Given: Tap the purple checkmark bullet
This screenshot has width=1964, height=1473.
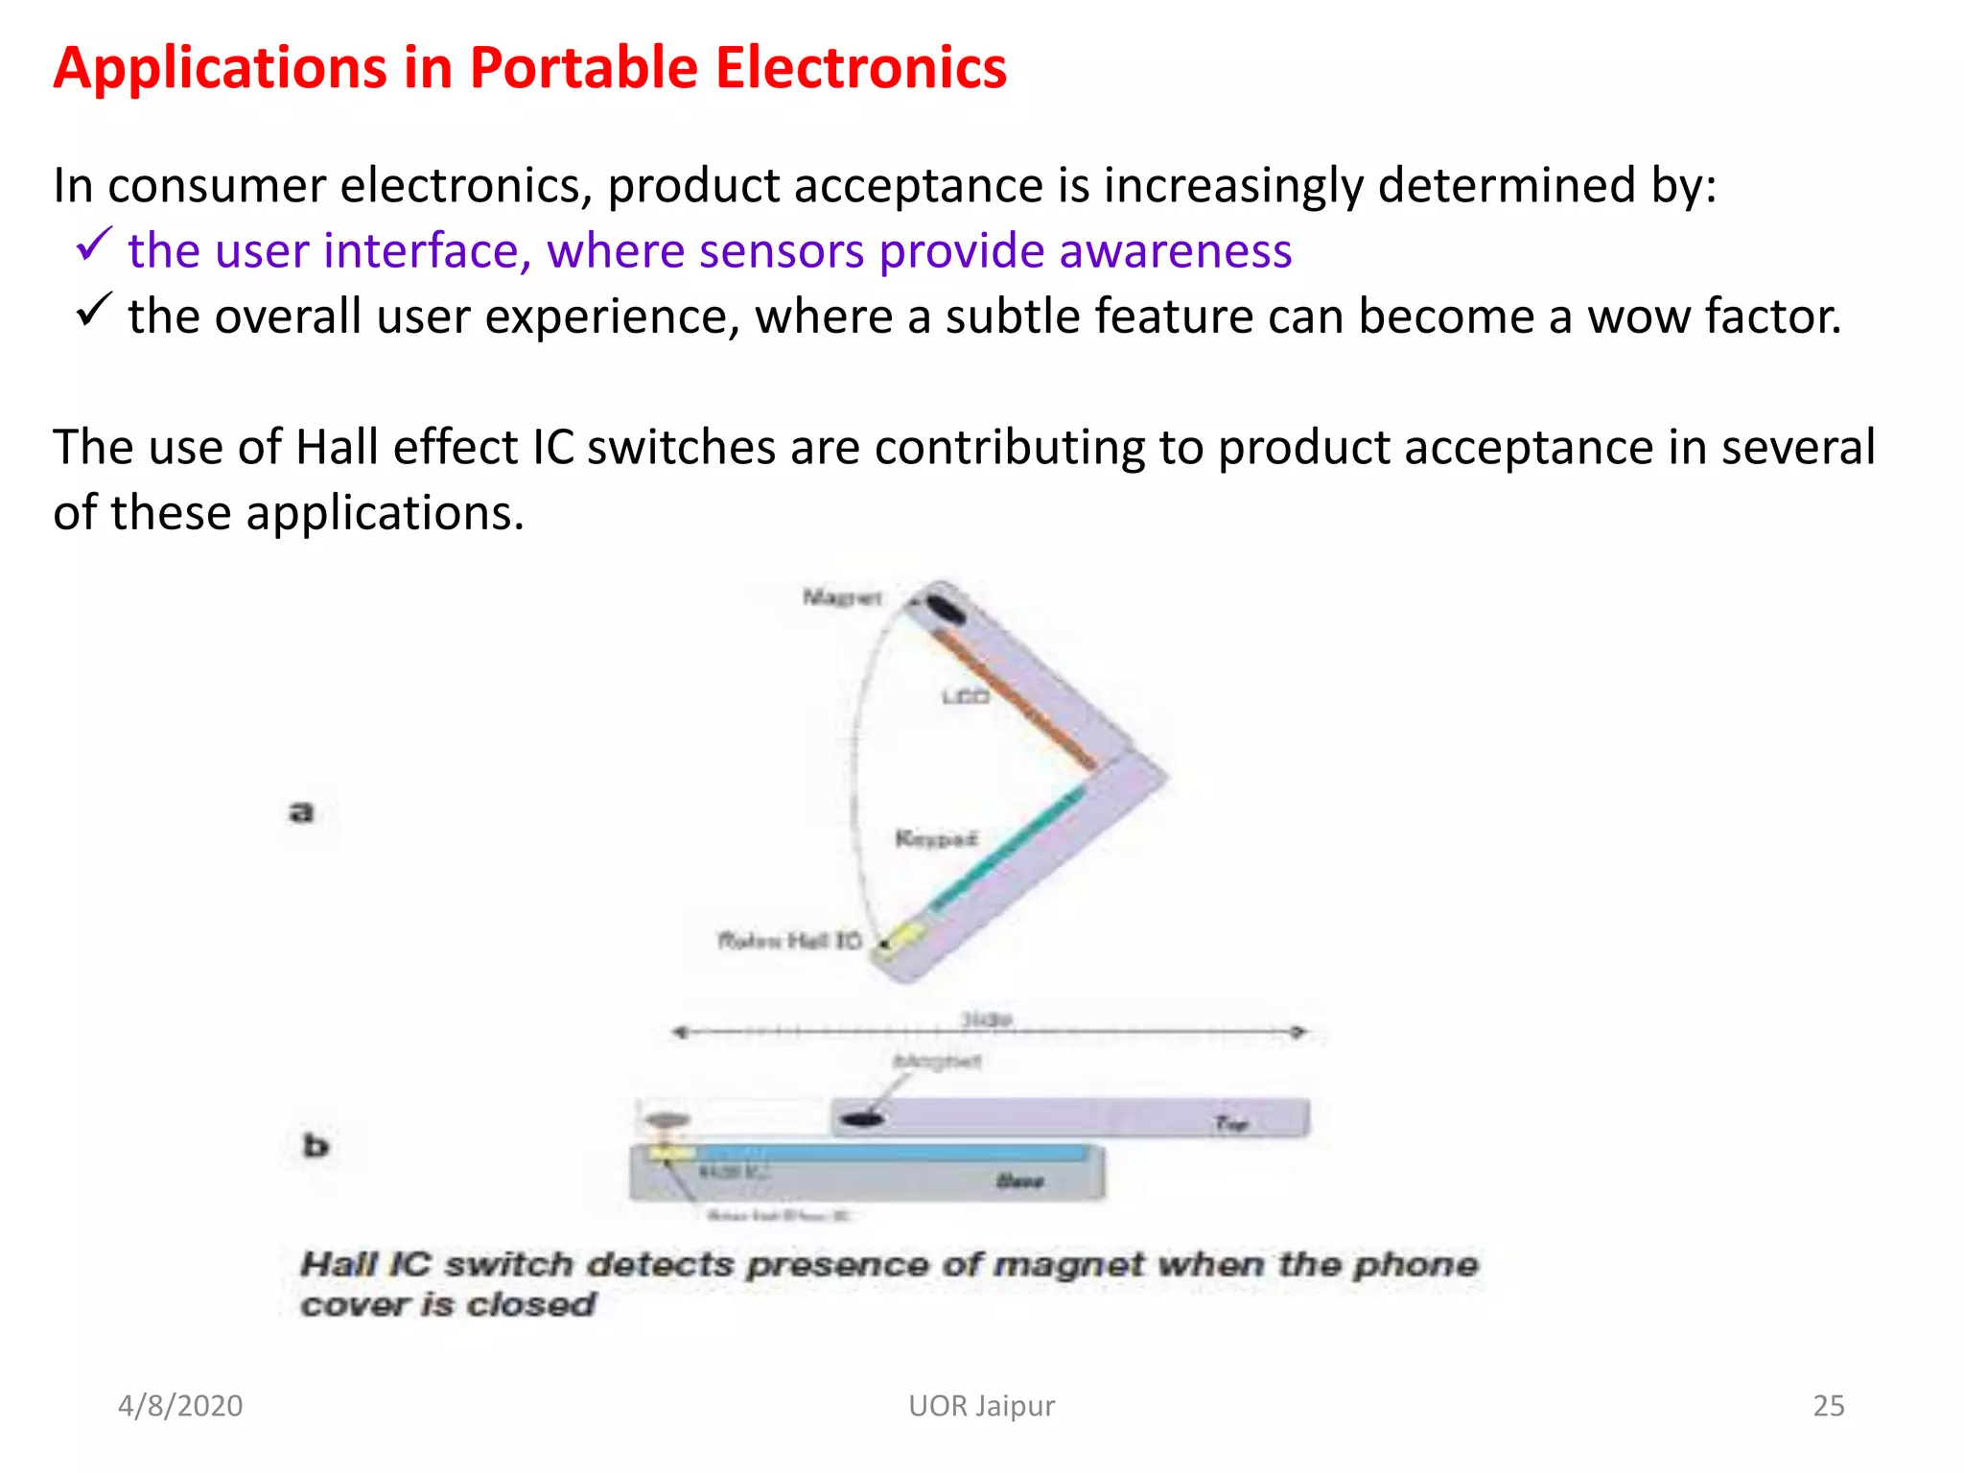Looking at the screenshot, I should pos(94,245).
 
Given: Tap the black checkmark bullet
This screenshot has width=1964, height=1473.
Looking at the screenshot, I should pos(94,310).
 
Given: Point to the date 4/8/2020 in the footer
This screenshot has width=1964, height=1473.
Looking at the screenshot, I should pos(180,1406).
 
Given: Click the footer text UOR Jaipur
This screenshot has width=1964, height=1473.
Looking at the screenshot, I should pos(981,1406).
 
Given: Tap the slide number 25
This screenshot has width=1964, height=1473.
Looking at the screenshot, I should pos(1828,1406).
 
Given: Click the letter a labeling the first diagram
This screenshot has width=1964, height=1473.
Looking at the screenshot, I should pos(301,812).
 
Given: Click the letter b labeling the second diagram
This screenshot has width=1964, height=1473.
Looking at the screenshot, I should pos(316,1145).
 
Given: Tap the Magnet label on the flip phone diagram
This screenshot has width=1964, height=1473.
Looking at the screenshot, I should pos(841,598).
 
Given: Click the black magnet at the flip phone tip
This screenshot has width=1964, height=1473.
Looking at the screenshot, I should pos(945,610).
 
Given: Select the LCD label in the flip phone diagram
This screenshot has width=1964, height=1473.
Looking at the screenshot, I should pos(965,697).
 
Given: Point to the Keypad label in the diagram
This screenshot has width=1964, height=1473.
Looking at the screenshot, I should pos(936,839).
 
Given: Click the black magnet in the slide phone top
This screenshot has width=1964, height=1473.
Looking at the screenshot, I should pos(861,1118).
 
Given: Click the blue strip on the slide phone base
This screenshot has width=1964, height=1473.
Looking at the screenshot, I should pos(892,1152).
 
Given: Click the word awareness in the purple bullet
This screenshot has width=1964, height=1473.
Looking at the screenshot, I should pos(1175,251).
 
